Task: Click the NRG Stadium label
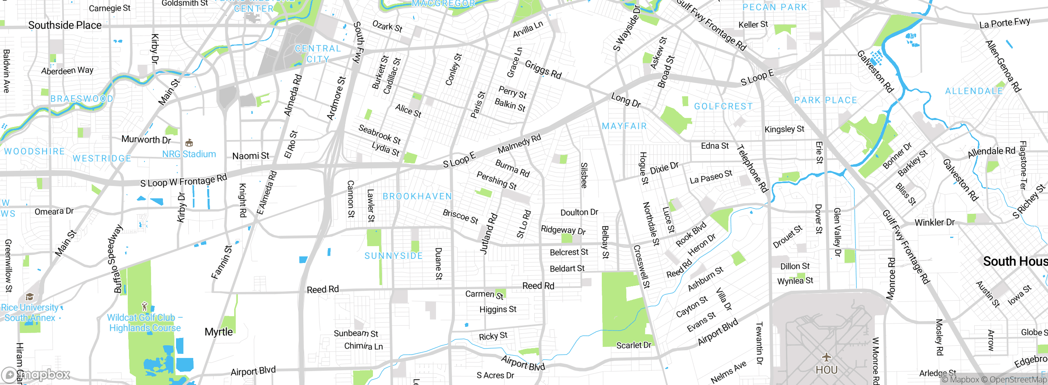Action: (x=189, y=154)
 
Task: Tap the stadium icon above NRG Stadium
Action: (x=189, y=143)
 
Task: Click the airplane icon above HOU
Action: (x=826, y=357)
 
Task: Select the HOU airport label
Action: (x=826, y=370)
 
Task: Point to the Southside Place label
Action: (x=65, y=25)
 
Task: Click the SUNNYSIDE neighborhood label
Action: (x=393, y=256)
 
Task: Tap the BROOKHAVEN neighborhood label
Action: (x=417, y=196)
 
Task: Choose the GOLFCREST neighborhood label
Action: (x=723, y=106)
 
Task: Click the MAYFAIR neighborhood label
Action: (x=624, y=126)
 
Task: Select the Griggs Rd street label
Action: (x=543, y=70)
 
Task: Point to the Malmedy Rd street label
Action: (x=519, y=144)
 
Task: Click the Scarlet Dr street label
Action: (x=633, y=345)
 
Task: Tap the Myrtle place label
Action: (x=219, y=332)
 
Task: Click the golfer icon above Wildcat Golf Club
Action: (x=144, y=306)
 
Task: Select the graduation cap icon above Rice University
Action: (x=29, y=297)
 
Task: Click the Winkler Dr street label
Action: (x=934, y=222)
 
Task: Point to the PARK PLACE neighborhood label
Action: (x=825, y=100)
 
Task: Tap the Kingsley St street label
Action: (x=784, y=129)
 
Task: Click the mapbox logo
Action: (x=36, y=375)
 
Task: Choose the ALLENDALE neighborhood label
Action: (x=974, y=91)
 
